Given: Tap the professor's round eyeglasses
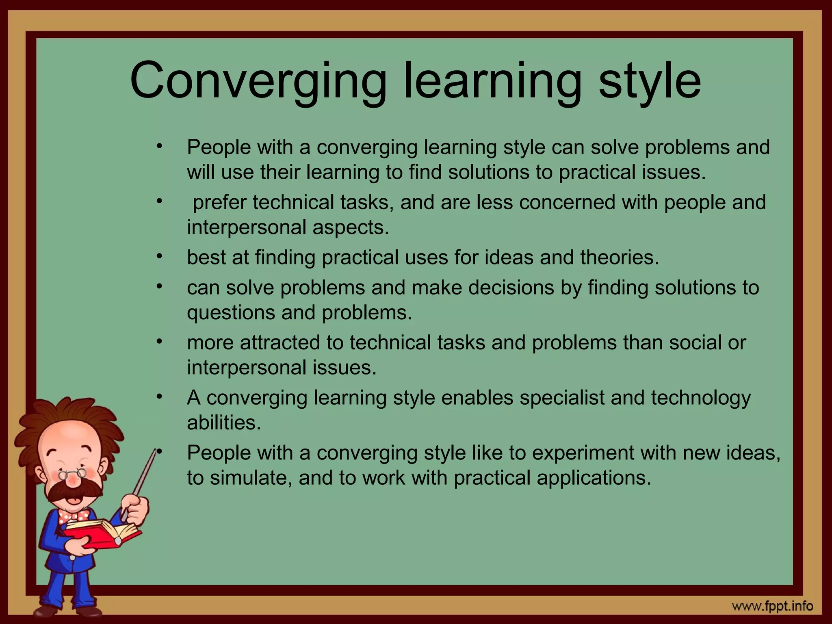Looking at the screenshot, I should coord(72,474).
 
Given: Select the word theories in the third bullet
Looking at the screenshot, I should coord(619,258).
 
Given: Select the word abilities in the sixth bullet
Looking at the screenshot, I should coord(223,423).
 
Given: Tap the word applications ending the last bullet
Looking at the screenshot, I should coord(594,478).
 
